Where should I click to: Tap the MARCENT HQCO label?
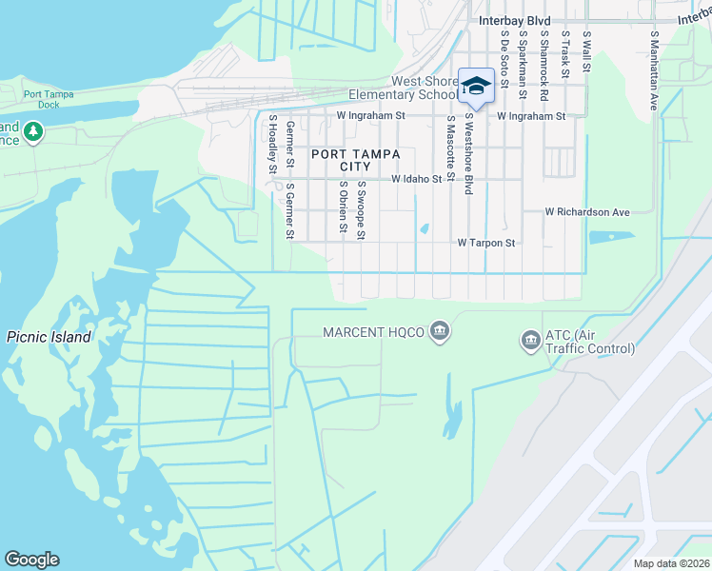coord(373,332)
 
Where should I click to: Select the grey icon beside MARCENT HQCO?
coord(440,331)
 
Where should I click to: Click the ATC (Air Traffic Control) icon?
coord(529,339)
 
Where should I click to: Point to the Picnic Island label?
coord(49,337)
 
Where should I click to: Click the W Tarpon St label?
coord(485,243)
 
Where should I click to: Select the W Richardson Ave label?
coord(587,212)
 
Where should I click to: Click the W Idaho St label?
coord(417,178)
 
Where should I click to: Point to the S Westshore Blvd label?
coord(469,155)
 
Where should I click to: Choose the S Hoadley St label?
coord(272,144)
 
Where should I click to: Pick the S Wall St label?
coord(586,52)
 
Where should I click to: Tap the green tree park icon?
coord(34,130)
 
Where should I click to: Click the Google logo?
coord(31,560)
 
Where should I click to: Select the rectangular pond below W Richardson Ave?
coord(611,237)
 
